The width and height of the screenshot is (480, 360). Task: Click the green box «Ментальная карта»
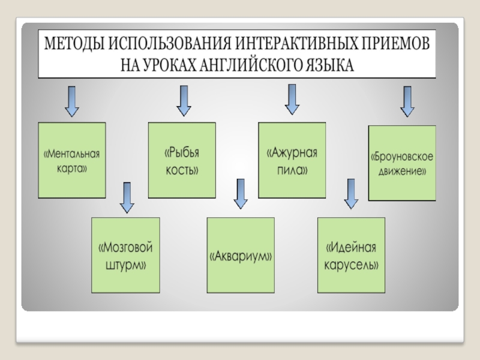[x=72, y=160]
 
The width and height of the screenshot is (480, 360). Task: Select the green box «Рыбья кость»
[x=181, y=160]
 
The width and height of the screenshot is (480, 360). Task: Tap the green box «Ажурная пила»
[x=292, y=160]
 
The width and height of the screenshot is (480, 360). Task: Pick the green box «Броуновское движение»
[x=401, y=163]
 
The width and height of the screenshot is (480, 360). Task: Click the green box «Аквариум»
[x=241, y=255]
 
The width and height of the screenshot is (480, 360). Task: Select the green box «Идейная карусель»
[x=351, y=255]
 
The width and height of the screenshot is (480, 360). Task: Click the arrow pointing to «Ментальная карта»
[x=71, y=101]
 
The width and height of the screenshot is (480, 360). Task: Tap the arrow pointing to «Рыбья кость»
[x=184, y=100]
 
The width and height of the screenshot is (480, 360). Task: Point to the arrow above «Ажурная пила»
[x=292, y=99]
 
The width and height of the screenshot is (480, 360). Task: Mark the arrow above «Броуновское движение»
[x=407, y=101]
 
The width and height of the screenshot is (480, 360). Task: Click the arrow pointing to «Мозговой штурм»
[x=127, y=197]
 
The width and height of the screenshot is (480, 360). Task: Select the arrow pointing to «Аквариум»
[x=241, y=194]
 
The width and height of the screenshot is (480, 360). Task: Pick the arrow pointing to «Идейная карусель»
[x=350, y=194]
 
